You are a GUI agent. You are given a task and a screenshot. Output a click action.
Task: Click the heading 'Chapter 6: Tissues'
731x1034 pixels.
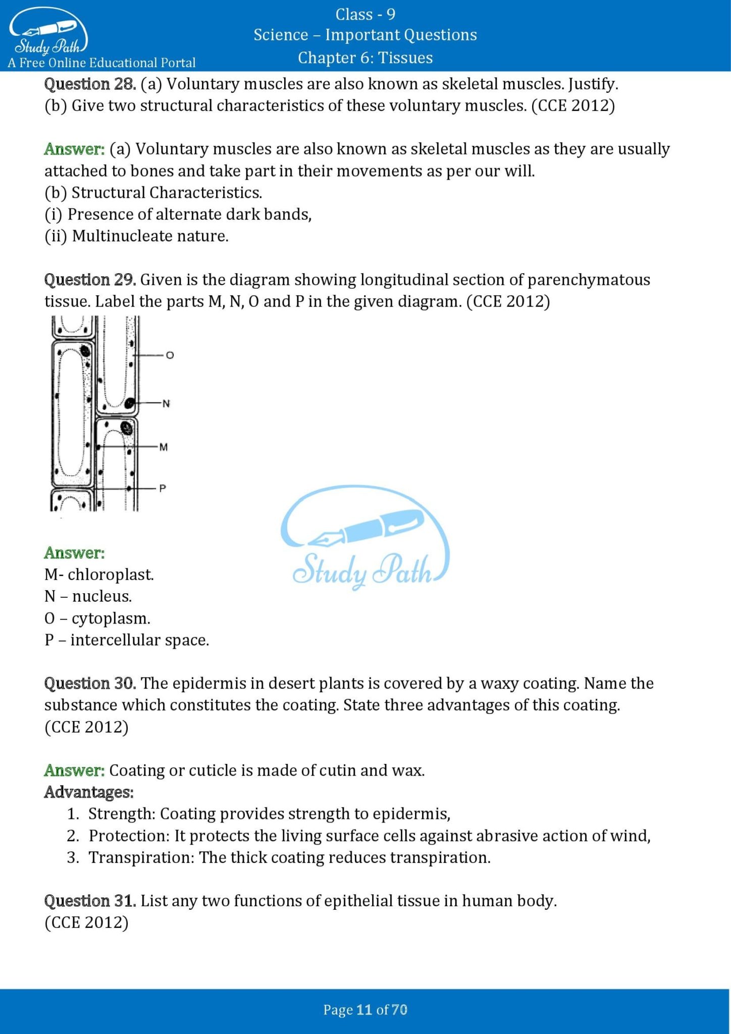click(365, 58)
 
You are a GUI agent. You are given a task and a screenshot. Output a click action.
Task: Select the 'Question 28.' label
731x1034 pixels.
click(90, 84)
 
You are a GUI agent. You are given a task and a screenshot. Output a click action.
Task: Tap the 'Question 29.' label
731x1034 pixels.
click(90, 279)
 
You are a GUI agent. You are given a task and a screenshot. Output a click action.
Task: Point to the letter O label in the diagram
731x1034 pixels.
click(170, 355)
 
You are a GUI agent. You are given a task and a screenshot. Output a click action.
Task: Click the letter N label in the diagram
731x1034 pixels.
click(167, 403)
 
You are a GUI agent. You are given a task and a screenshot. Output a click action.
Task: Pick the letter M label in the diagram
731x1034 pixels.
click(164, 447)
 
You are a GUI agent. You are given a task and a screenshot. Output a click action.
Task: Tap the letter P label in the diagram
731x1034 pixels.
click(163, 488)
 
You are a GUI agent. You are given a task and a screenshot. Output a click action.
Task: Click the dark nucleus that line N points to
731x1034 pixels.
click(130, 403)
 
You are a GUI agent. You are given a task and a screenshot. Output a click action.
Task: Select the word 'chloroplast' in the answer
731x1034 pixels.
click(111, 575)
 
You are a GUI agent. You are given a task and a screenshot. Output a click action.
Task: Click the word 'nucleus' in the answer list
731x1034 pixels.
click(101, 596)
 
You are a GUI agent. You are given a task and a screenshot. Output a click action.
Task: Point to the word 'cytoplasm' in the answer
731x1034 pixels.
click(111, 618)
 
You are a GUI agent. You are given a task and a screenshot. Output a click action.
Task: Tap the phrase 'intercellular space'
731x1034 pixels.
click(139, 640)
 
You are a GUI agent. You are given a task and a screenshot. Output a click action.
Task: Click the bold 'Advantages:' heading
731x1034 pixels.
click(89, 792)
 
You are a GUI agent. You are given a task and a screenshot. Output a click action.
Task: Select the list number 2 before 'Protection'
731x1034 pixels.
click(72, 836)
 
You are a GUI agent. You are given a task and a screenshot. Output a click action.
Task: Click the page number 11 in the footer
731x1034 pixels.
click(363, 1010)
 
